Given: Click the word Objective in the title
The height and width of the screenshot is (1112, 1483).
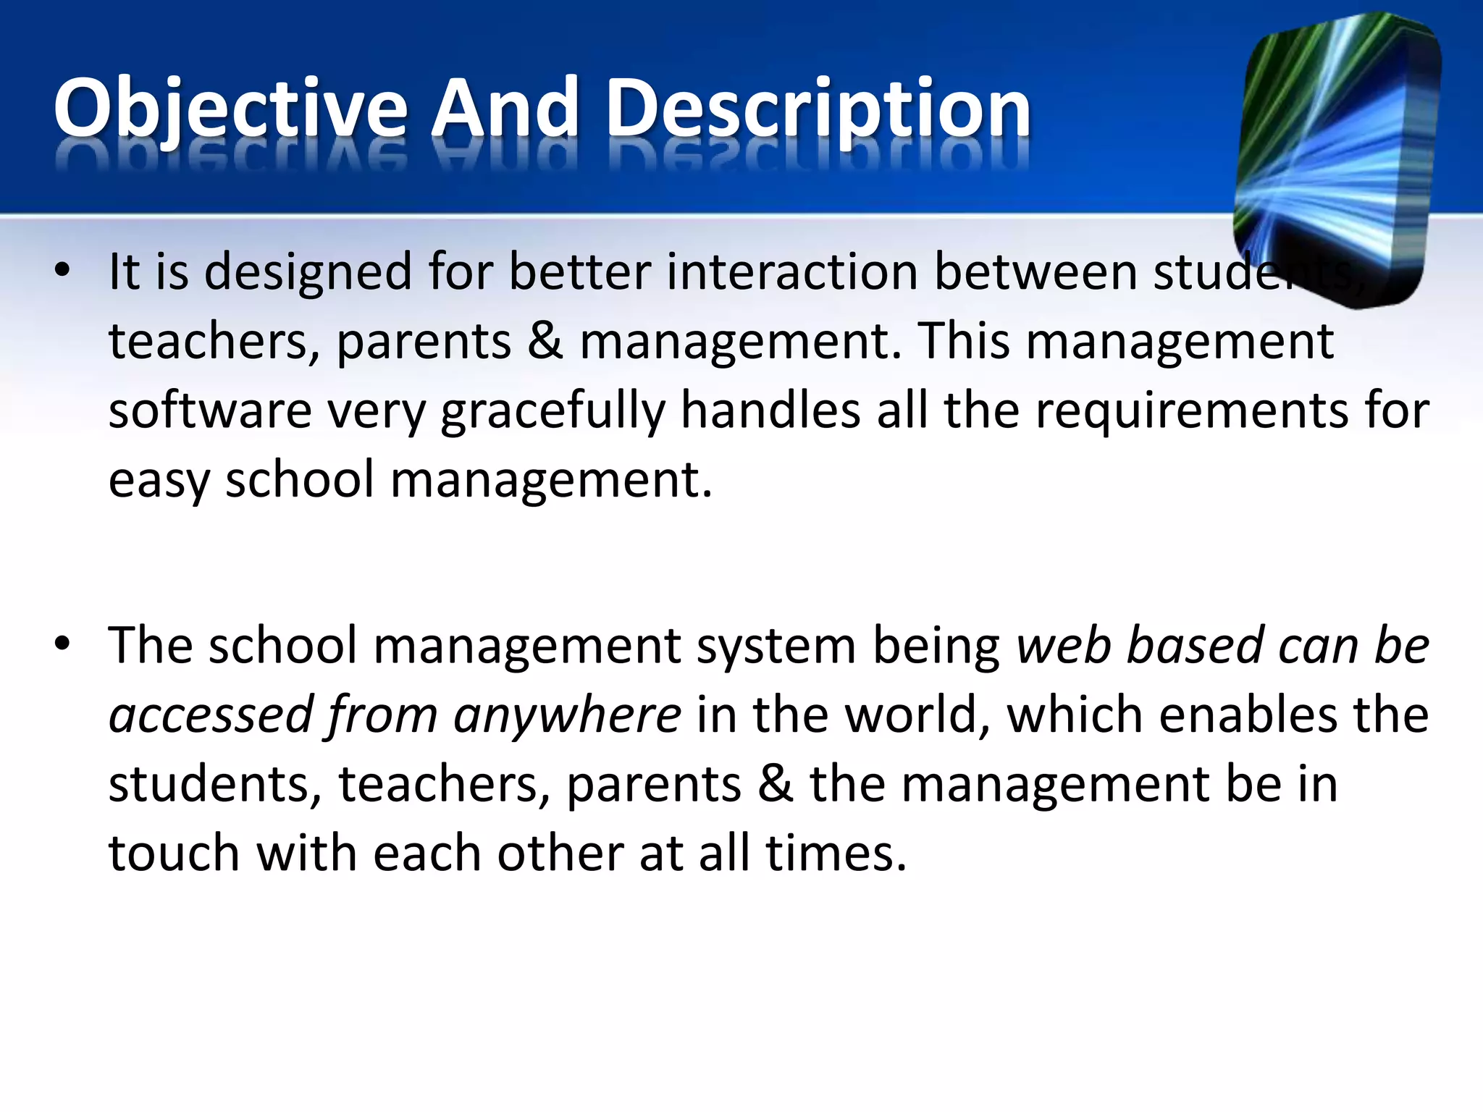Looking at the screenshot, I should pos(230,109).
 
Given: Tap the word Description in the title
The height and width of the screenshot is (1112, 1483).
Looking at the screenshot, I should pos(818,109).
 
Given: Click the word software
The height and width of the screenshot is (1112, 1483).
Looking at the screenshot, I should pos(209,410).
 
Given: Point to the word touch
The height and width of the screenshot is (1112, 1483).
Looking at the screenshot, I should pos(174,853).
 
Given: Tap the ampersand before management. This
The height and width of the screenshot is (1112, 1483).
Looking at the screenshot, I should pos(545,341).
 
